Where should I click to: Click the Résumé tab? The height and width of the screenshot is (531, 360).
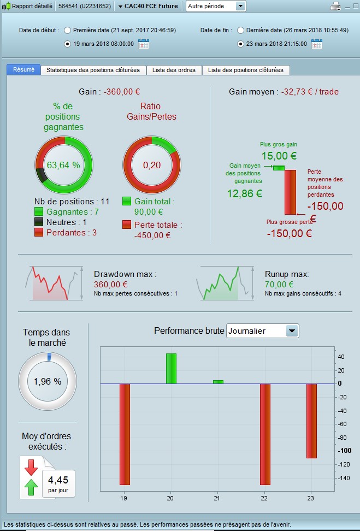click(23, 70)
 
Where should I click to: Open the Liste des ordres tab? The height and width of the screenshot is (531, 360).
click(174, 70)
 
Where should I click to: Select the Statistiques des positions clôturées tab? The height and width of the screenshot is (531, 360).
click(93, 70)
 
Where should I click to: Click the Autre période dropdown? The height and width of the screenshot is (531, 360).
click(216, 6)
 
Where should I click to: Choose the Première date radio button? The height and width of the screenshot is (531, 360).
click(68, 30)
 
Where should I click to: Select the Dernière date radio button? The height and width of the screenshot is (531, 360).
click(241, 30)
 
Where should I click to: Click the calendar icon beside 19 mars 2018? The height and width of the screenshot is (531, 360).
click(144, 44)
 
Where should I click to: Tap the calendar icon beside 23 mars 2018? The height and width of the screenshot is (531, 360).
click(316, 44)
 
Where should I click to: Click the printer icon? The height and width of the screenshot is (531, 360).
click(336, 6)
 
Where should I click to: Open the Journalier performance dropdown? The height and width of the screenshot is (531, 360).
click(263, 331)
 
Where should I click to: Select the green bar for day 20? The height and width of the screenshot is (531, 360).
click(171, 369)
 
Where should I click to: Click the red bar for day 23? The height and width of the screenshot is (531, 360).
click(311, 421)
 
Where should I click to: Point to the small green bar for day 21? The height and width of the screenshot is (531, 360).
click(218, 382)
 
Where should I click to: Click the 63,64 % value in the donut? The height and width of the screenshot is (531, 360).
click(63, 165)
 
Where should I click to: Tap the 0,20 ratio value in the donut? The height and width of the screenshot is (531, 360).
click(152, 165)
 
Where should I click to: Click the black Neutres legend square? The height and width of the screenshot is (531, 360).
click(39, 222)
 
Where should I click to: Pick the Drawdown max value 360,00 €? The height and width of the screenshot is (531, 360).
click(110, 284)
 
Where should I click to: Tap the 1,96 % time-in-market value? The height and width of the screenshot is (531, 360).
click(48, 381)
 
